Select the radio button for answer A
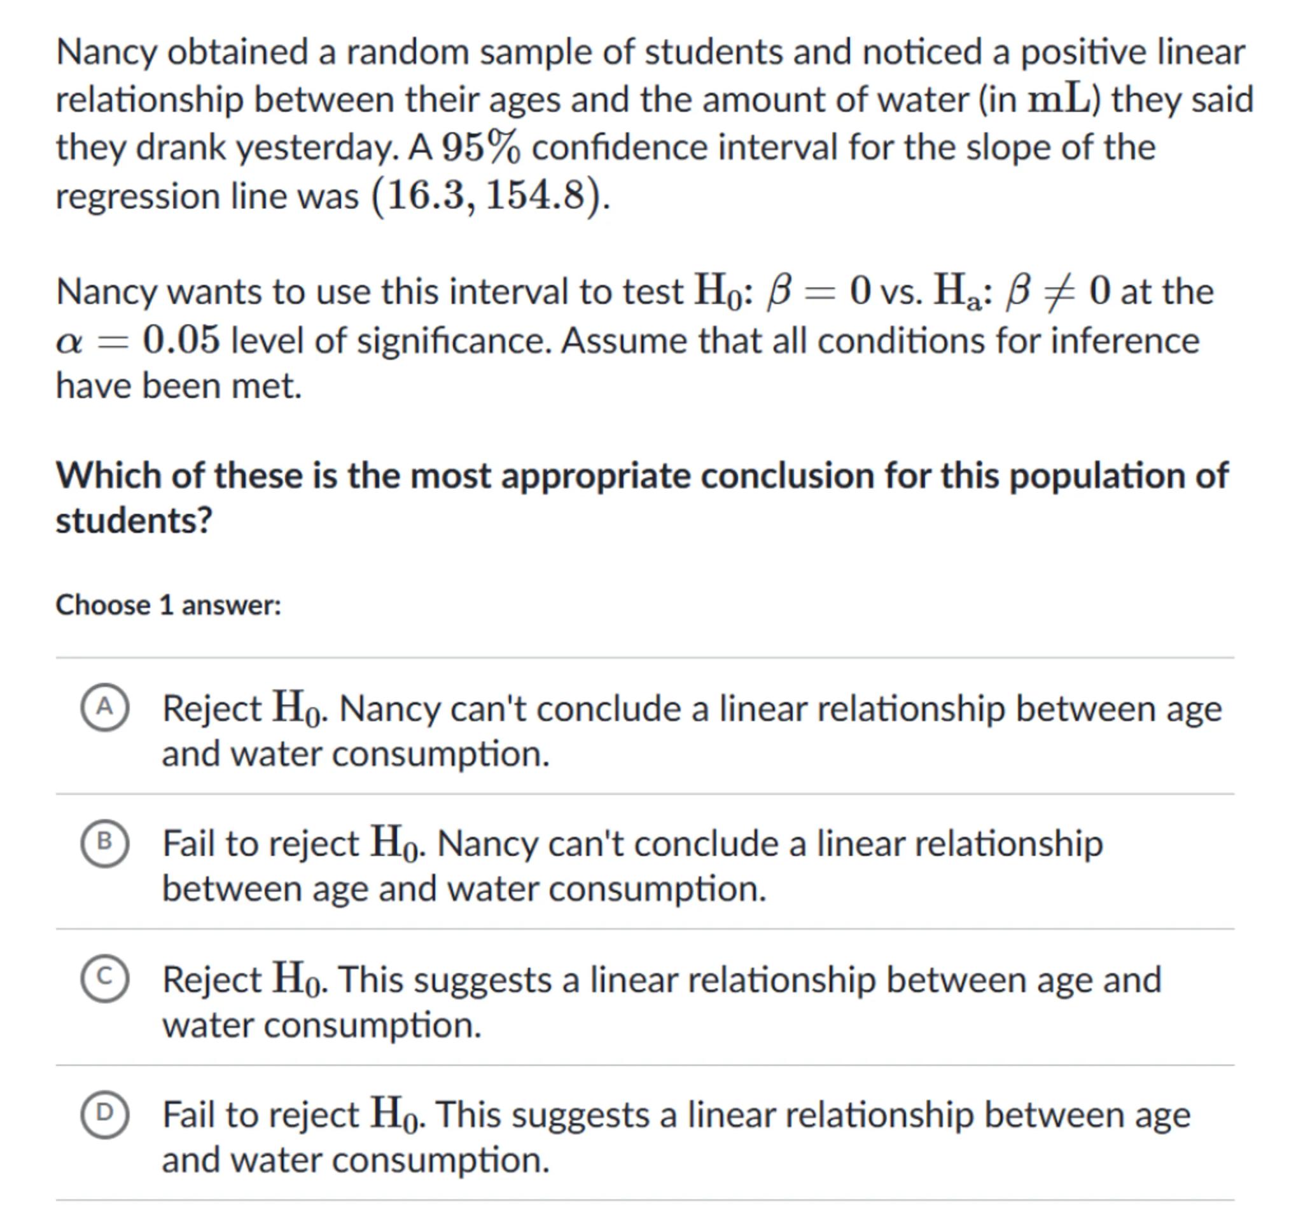click(104, 707)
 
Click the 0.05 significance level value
click(181, 341)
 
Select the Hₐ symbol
click(956, 292)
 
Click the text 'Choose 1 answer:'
click(169, 605)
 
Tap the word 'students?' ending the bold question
click(134, 521)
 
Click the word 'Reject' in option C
click(212, 980)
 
